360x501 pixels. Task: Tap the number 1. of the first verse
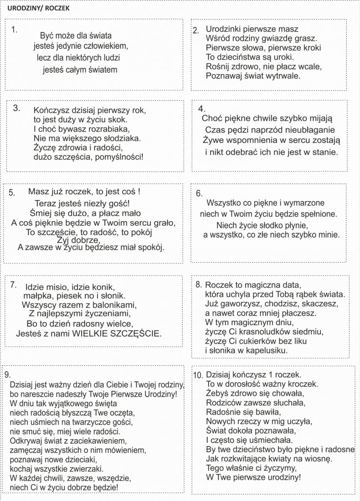(14, 30)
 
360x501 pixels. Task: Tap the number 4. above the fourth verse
(202, 109)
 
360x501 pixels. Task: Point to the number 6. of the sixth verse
(199, 193)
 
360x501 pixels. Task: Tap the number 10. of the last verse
(198, 376)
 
